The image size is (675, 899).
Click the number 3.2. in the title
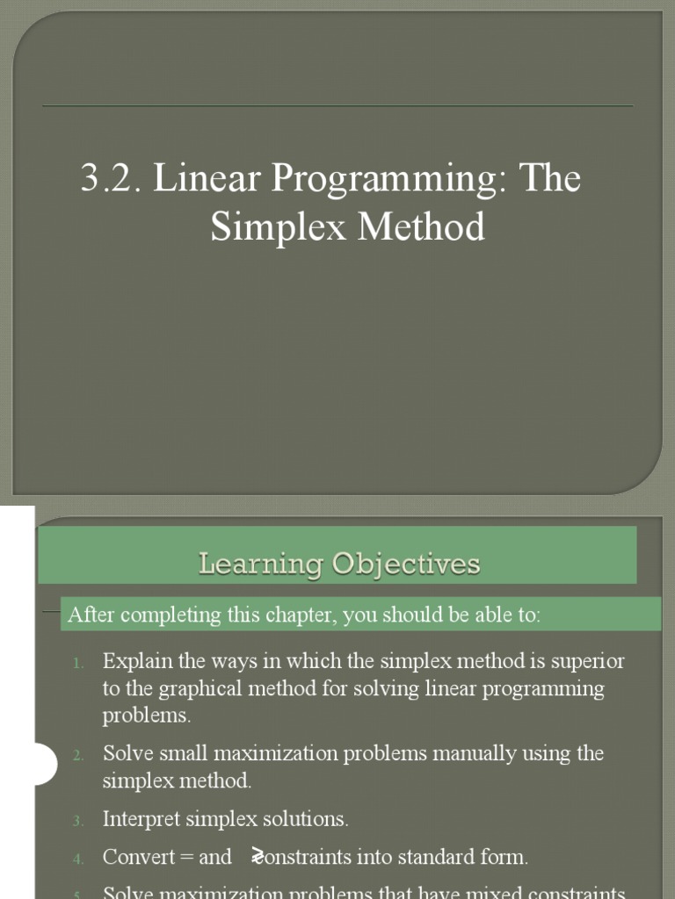point(112,179)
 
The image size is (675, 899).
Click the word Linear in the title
point(206,179)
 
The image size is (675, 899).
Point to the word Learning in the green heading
point(258,563)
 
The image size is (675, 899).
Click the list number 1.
point(78,662)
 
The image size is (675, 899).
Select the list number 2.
point(77,755)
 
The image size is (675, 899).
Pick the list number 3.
point(77,821)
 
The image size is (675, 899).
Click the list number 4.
point(77,859)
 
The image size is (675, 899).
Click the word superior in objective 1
point(588,660)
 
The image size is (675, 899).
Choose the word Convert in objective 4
point(139,857)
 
